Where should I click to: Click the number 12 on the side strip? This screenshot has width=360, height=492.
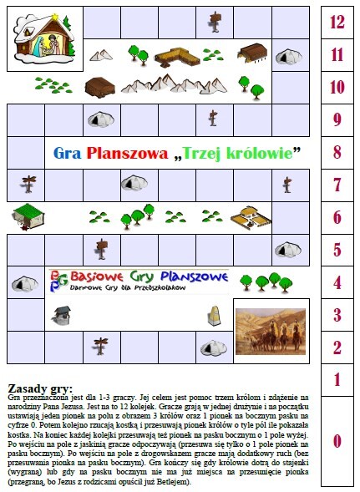[337, 23]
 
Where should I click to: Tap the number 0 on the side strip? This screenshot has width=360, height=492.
[337, 440]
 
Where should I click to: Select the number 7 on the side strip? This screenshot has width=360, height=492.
[337, 185]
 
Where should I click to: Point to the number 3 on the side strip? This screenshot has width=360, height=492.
[337, 315]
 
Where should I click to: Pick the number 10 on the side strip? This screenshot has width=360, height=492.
[337, 87]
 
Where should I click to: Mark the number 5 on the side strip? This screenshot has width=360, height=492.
[337, 250]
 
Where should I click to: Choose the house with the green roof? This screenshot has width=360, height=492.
[28, 217]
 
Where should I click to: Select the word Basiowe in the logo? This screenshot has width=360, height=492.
[99, 276]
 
